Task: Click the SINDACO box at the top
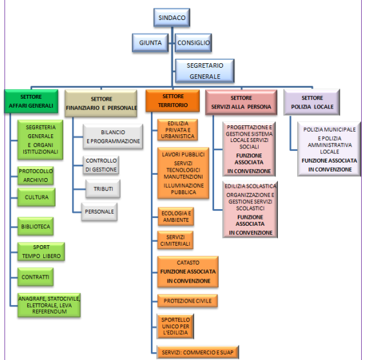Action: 172,17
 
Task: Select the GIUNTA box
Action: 150,43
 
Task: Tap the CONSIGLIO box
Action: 193,43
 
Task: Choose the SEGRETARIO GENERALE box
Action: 204,71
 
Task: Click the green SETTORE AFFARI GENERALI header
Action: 31,101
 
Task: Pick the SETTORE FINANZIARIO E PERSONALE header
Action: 101,103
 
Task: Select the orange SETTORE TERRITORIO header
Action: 173,101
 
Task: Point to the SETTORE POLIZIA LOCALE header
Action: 312,102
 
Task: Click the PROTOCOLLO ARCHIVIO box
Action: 35,175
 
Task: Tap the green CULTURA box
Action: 37,197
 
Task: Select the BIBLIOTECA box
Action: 35,226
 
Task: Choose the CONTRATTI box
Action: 35,277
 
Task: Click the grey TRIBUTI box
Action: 103,189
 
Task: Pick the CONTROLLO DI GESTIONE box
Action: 101,165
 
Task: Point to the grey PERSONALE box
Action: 99,212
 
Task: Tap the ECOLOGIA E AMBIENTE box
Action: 176,217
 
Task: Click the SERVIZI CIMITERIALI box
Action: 175,240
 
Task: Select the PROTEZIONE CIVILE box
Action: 188,301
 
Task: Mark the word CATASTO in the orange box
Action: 188,263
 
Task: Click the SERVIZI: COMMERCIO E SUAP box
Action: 197,352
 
